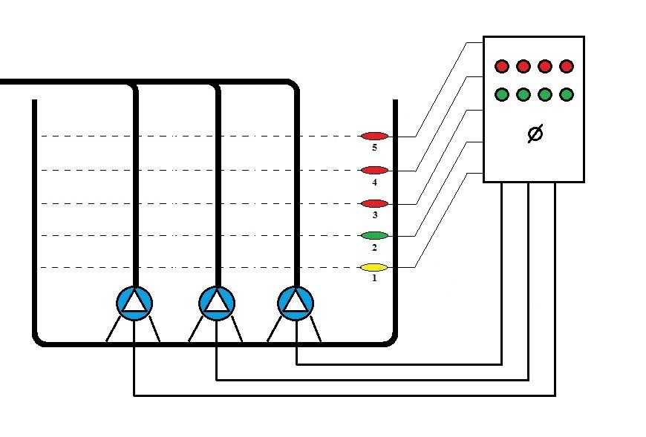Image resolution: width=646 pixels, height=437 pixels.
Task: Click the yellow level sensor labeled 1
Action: coord(374,267)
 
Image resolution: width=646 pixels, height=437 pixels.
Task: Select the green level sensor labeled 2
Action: coord(374,235)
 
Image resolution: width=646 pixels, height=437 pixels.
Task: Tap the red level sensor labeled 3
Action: coord(374,203)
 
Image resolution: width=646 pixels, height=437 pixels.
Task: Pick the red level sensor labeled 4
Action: coord(374,170)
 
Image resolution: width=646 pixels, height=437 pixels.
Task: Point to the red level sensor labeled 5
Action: coord(374,136)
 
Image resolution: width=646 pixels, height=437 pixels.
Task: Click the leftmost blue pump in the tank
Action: coord(134,302)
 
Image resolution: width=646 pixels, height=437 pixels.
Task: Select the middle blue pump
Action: coord(217,302)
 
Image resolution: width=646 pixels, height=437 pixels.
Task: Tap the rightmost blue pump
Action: coord(296,302)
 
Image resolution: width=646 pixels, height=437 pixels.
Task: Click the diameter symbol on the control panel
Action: coord(534,134)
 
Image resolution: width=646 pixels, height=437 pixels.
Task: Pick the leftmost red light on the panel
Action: coord(502,67)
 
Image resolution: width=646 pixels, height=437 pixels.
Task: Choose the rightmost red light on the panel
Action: coord(567,67)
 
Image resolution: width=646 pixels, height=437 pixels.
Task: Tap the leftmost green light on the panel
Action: coord(502,94)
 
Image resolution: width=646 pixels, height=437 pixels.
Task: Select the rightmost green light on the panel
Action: coord(567,94)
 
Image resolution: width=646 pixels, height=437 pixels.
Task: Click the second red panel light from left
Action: coord(523,67)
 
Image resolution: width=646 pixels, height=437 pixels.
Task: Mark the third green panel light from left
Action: coord(545,94)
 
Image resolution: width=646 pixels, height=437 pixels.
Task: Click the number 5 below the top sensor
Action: coord(374,148)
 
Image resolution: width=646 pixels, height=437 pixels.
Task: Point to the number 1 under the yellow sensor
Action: coord(374,279)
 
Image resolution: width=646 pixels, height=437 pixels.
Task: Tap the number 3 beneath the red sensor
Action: coord(374,215)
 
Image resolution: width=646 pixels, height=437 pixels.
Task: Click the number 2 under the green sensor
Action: coord(374,247)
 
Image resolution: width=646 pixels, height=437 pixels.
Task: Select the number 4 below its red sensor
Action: coord(374,182)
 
